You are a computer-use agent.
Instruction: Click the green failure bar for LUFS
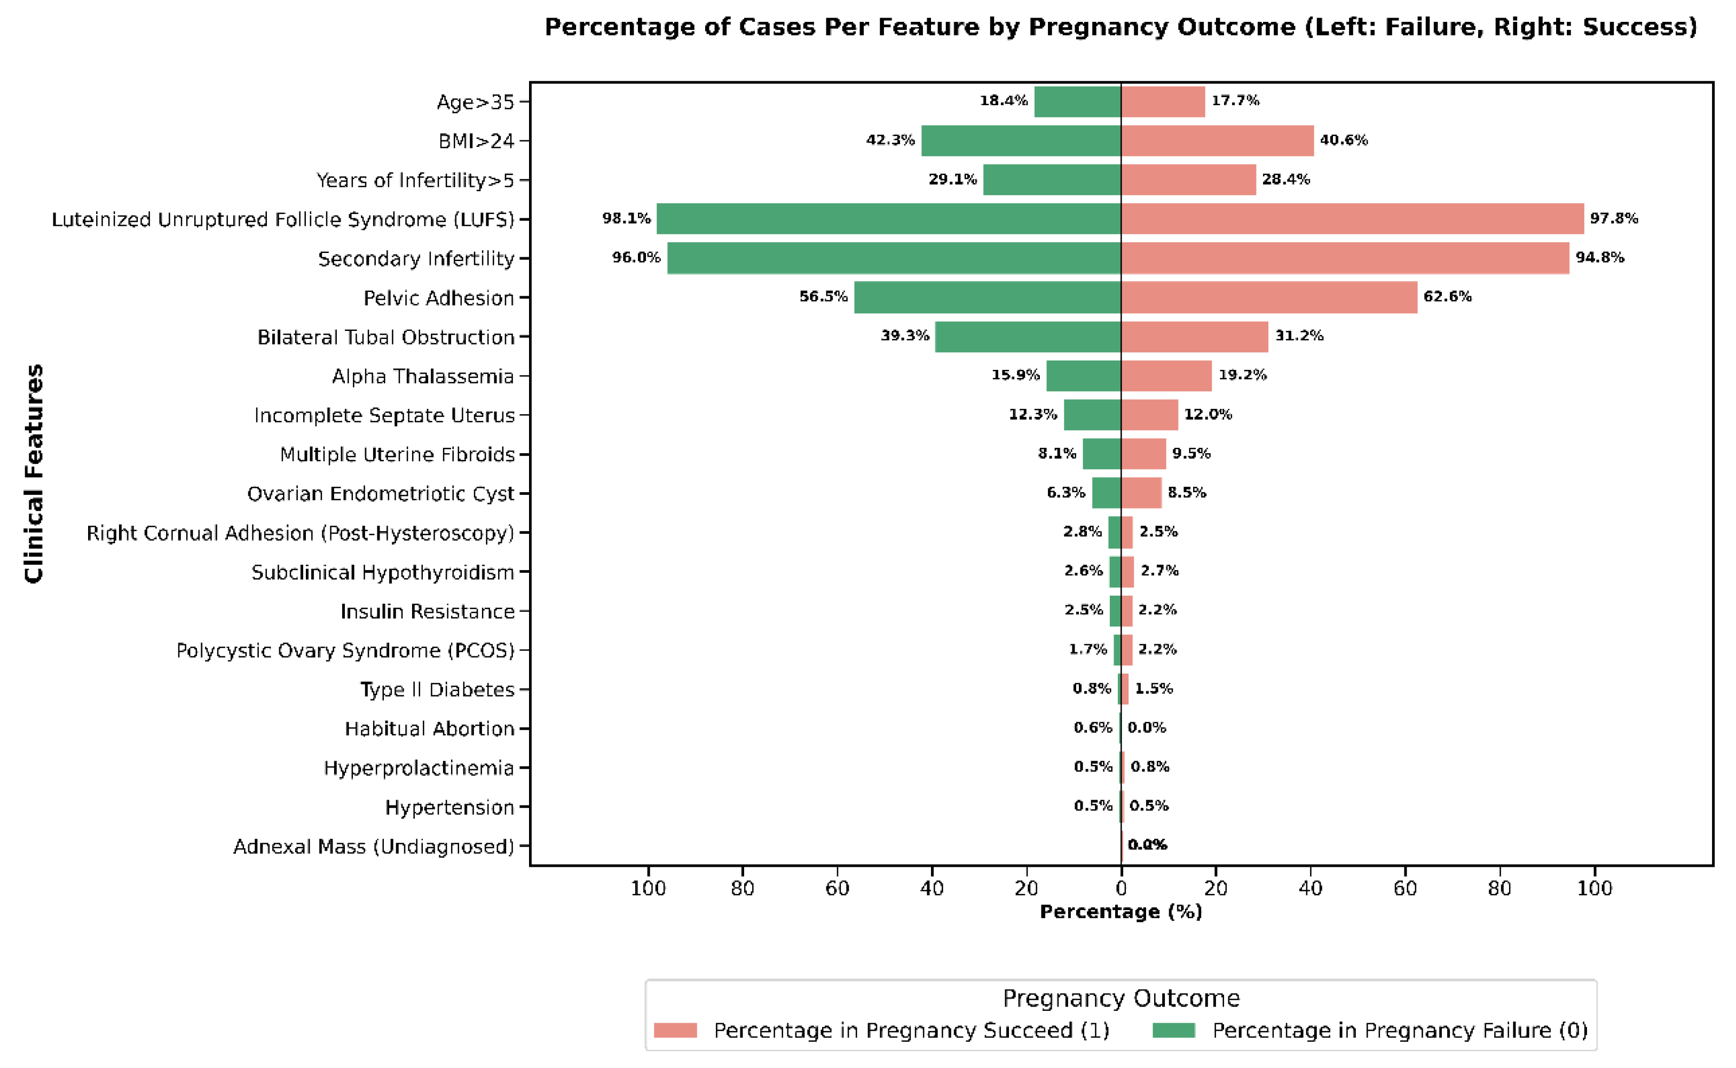click(888, 219)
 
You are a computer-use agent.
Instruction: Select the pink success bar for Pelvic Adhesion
click(1268, 297)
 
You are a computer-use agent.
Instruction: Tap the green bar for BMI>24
click(1021, 140)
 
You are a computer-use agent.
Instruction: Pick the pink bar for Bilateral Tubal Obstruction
click(1194, 337)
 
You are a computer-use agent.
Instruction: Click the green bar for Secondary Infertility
click(894, 258)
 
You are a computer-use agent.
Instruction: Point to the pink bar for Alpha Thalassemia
click(1166, 376)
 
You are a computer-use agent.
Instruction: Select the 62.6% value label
click(1447, 297)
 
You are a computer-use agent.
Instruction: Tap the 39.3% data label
click(905, 336)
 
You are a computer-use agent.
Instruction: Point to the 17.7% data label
click(1235, 100)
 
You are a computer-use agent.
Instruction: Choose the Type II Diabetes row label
click(437, 690)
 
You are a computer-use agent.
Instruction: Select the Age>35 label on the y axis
click(475, 102)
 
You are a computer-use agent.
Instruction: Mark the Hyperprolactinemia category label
click(419, 768)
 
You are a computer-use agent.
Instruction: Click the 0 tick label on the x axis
click(1121, 889)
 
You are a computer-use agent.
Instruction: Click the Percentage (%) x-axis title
click(1121, 912)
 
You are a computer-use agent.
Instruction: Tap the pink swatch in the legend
click(675, 1031)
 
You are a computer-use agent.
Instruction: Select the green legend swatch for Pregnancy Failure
click(1173, 1031)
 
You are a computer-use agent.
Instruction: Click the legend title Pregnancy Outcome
click(1121, 998)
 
